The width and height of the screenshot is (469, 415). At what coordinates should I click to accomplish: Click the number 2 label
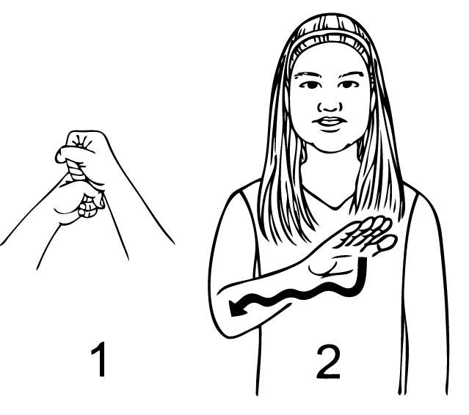point(328,361)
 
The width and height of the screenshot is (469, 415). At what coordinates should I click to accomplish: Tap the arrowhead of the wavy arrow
point(237,307)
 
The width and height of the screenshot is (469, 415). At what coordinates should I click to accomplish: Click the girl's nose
point(330,106)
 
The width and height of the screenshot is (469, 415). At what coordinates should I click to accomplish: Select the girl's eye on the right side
point(348,85)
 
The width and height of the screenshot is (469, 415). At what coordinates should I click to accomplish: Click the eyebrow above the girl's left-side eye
point(308,76)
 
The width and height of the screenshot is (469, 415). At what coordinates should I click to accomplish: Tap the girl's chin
point(330,146)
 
